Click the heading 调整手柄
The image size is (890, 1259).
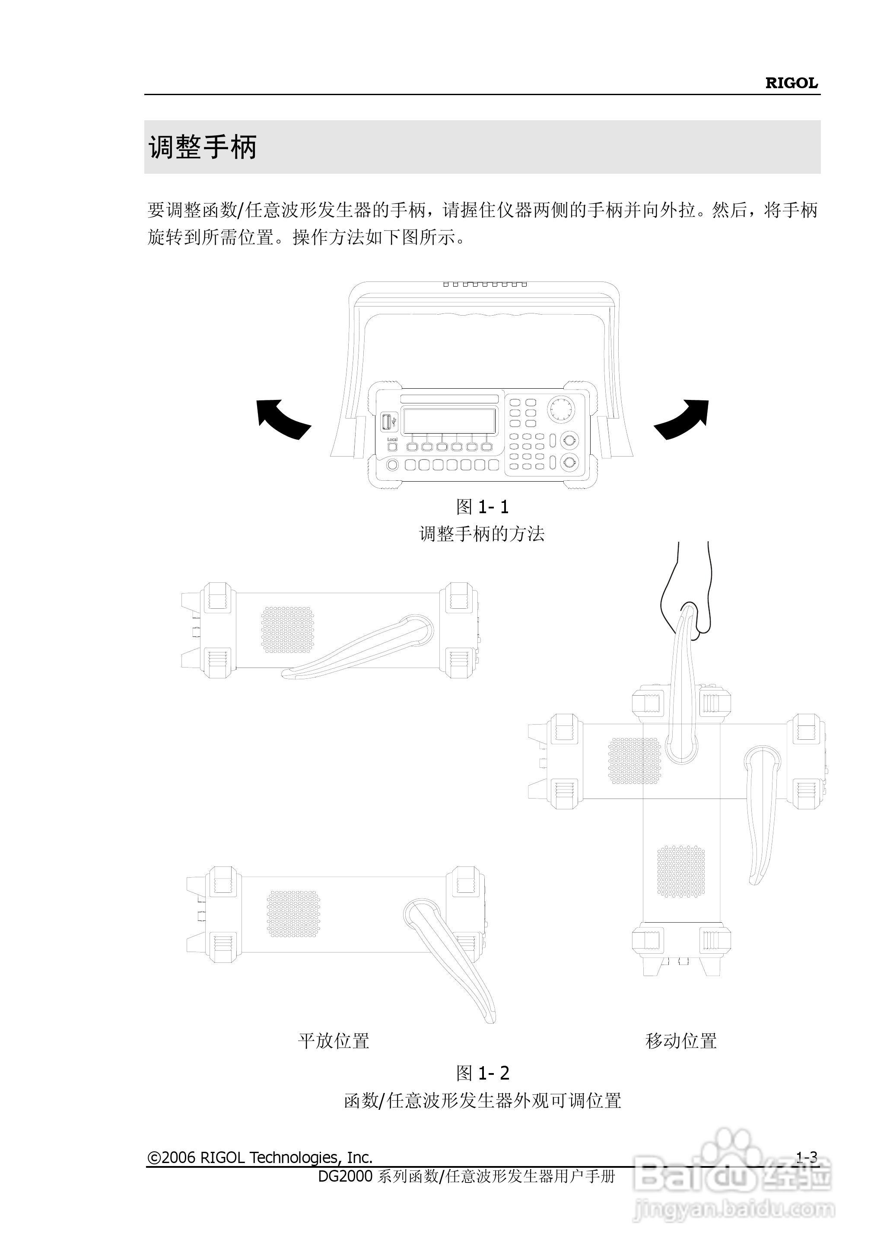[203, 147]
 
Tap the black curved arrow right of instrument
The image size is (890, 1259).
[682, 419]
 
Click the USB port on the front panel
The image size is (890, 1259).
[386, 423]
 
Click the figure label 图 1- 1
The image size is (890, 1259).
[482, 507]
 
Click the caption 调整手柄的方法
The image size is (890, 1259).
[482, 534]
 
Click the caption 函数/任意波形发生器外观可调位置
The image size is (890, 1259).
[482, 1100]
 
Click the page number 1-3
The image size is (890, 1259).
[806, 1157]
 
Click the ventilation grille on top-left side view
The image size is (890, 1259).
[287, 629]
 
